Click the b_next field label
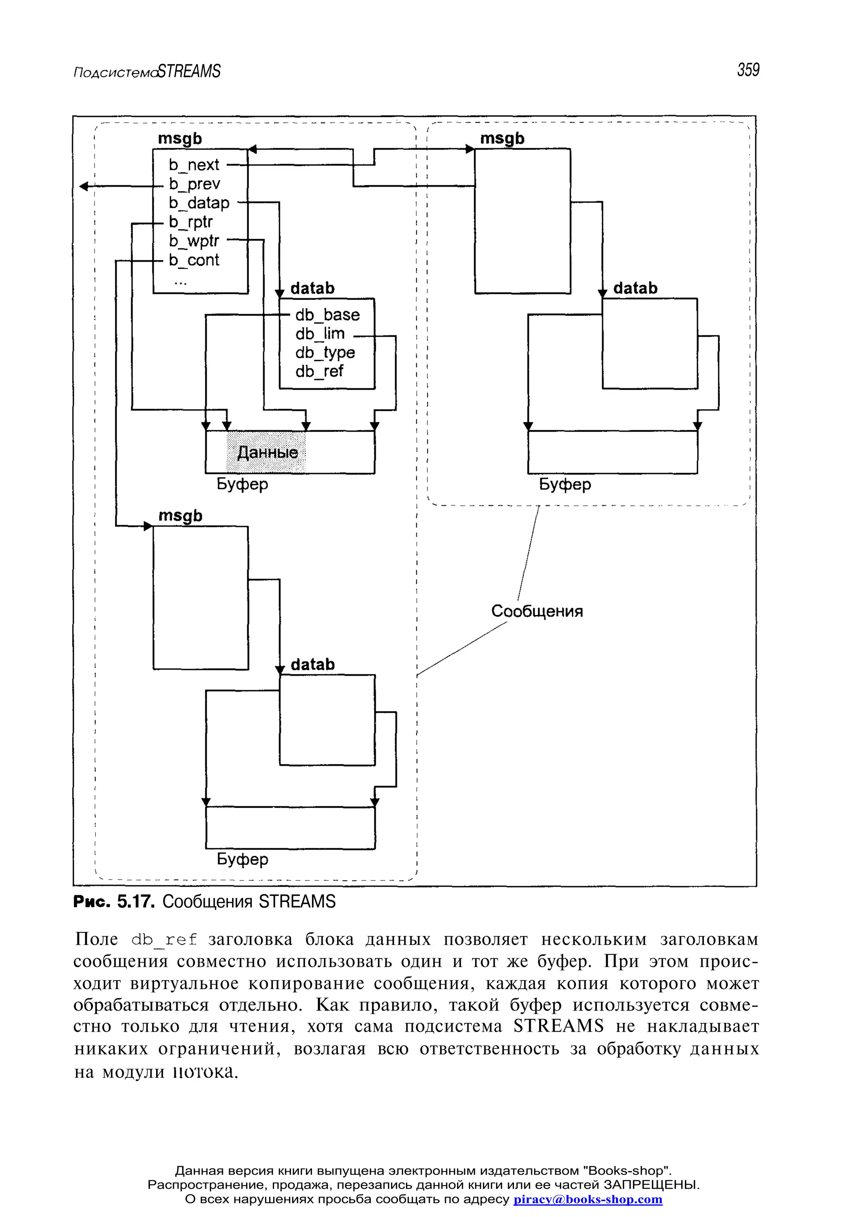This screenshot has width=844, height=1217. pos(194,165)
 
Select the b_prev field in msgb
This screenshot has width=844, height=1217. pos(194,184)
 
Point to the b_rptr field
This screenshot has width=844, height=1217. pos(190,222)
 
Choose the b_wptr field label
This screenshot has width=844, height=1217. pos(194,241)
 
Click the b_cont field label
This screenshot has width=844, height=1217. pos(194,260)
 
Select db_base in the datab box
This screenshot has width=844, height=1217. pos(327,315)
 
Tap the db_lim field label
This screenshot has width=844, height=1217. pos(320,334)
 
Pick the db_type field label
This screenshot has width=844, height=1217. pos(325,353)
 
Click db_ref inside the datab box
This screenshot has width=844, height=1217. pos(319,372)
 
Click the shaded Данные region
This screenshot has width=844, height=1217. pos(267,452)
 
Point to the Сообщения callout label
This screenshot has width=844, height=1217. pos(537,611)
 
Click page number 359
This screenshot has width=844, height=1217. pos(748,70)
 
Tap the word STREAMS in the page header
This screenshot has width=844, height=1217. pos(189,71)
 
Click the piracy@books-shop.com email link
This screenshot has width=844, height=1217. pos(588,1200)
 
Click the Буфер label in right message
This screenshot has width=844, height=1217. pos(565,484)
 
